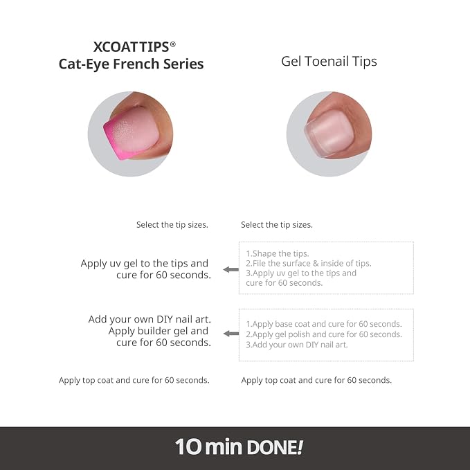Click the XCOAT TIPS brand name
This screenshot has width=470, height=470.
click(x=132, y=47)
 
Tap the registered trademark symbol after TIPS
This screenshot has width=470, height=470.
click(x=172, y=44)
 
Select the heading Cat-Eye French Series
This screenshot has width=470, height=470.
click(x=131, y=64)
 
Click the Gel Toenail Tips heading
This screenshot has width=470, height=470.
click(x=329, y=62)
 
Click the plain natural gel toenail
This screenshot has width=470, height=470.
click(x=329, y=132)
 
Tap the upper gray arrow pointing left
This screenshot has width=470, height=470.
click(x=231, y=269)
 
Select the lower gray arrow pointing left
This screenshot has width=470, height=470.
click(x=231, y=334)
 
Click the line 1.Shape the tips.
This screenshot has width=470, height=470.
click(x=278, y=253)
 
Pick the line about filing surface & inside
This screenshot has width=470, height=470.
click(x=309, y=264)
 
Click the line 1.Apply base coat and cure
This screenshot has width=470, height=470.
click(x=324, y=324)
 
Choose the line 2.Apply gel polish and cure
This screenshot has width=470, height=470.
click(x=324, y=334)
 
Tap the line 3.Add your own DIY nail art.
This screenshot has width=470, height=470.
click(x=297, y=345)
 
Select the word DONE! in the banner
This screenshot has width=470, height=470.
click(x=275, y=447)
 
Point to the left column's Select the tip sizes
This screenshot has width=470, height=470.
click(x=172, y=225)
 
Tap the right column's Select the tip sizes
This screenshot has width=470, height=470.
click(x=277, y=225)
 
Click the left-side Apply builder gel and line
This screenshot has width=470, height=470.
click(x=159, y=331)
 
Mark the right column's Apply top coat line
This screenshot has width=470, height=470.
click(x=316, y=381)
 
